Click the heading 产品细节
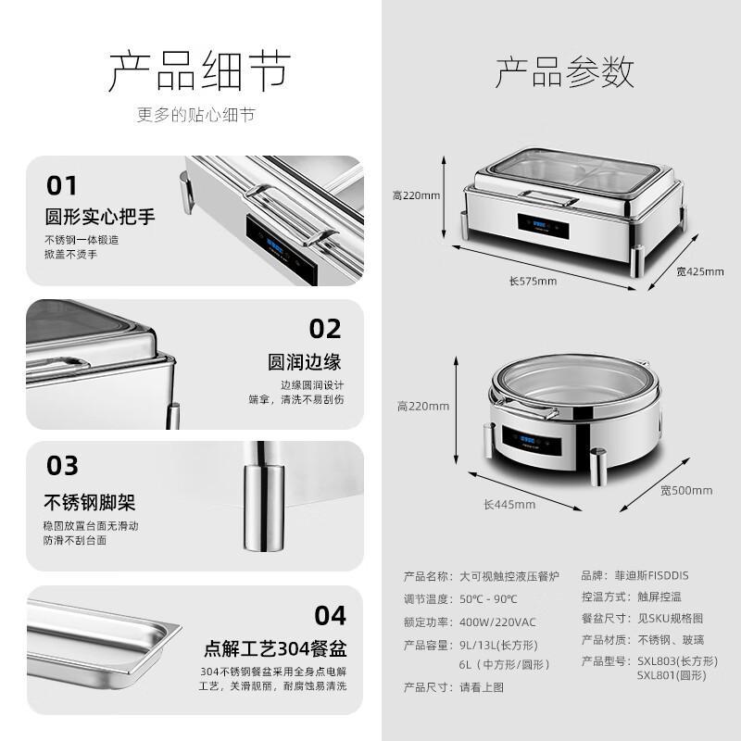coord(199,71)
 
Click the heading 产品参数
coord(565,72)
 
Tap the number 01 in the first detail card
coord(61,185)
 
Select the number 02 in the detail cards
coord(325,329)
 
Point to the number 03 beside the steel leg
coord(62,466)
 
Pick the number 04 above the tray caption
coord(331,615)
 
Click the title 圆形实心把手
coord(100,217)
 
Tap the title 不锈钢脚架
coord(90,502)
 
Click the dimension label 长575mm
coord(533,282)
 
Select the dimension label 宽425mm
coord(700,271)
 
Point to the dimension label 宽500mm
coord(686,491)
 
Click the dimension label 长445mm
coord(509,504)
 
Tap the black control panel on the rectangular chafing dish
coord(543,226)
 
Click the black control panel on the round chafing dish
coord(532,442)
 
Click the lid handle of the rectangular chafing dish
coord(547,198)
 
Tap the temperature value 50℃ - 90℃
coord(488,598)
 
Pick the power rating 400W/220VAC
coord(497,622)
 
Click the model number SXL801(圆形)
coord(672,675)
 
